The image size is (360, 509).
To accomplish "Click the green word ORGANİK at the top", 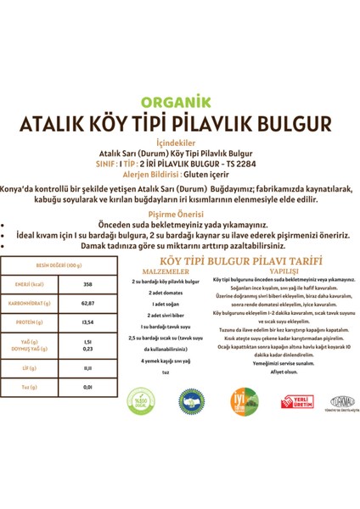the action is pos(181,100).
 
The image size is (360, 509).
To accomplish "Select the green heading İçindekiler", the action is pos(180,142).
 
